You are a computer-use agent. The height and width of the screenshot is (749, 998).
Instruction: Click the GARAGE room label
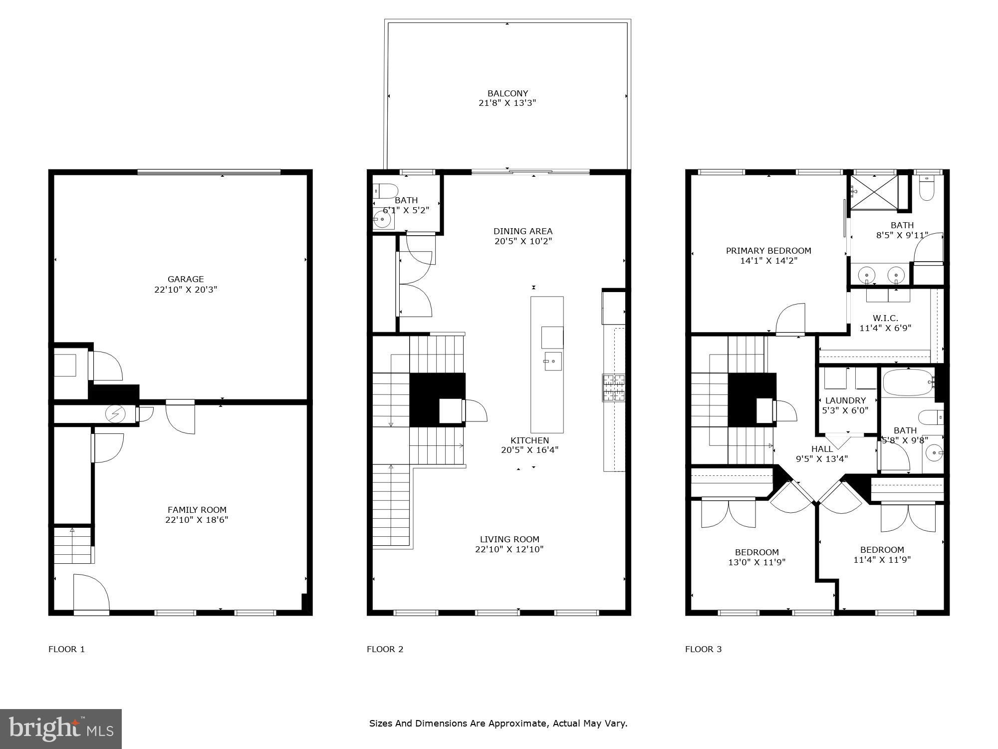click(186, 279)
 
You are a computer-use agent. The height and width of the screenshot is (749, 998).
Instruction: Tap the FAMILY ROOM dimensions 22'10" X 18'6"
click(197, 520)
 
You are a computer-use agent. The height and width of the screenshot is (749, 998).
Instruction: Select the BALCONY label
click(507, 93)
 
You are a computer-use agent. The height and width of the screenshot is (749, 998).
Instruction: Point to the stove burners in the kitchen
click(613, 387)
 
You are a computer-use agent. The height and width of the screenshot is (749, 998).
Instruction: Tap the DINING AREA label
click(523, 231)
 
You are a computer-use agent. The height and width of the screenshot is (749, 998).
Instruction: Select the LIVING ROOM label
click(509, 539)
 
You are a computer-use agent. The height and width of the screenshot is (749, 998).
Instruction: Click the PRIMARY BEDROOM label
click(768, 251)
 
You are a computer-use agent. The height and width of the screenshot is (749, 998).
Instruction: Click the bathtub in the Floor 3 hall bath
click(907, 383)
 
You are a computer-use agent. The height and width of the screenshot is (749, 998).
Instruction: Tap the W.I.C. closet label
click(885, 318)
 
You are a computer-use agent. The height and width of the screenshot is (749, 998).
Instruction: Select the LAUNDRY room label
click(845, 400)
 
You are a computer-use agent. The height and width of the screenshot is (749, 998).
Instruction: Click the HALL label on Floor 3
click(822, 449)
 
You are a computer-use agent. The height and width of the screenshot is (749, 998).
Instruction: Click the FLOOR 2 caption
click(385, 649)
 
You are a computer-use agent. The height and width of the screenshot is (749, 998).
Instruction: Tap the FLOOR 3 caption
click(703, 649)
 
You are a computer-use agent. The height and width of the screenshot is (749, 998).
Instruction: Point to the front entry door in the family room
click(91, 594)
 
